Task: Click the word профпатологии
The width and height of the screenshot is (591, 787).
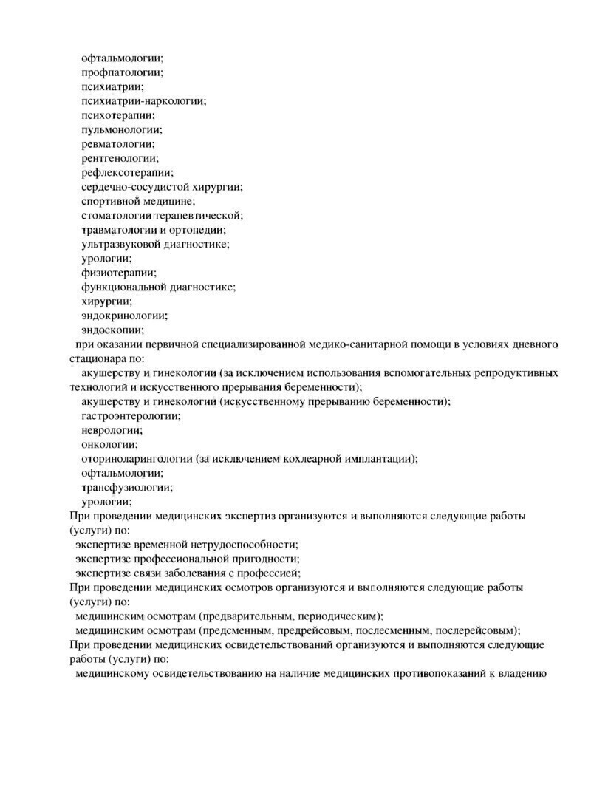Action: coord(121,72)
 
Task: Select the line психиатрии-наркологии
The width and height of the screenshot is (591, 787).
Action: coord(143,101)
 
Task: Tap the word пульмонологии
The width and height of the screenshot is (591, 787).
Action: coord(121,129)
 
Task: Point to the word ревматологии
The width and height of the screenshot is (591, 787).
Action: coord(117,144)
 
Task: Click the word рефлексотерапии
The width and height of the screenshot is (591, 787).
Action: coord(126,173)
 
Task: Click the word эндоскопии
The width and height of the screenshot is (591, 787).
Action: coord(112,330)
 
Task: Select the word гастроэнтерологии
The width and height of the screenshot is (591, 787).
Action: coord(130,416)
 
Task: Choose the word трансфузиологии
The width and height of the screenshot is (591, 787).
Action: coord(126,488)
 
